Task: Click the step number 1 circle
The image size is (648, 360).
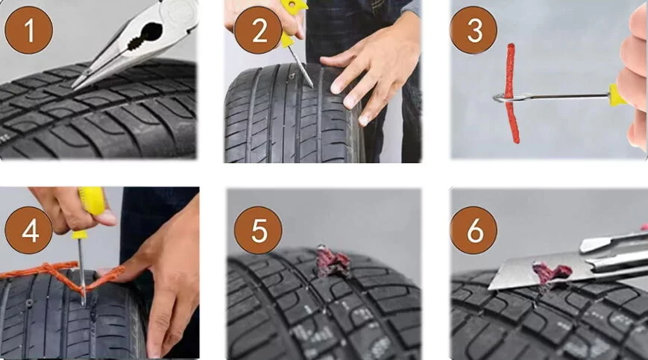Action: pos(28,30)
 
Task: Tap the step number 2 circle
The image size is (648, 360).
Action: pos(259,30)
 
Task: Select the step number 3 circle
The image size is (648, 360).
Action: pos(474,30)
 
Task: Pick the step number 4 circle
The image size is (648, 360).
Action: pos(28,230)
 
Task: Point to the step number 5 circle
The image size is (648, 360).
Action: pos(258,230)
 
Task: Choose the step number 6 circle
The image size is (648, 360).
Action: pos(474,230)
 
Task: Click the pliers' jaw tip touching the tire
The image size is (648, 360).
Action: pos(74,87)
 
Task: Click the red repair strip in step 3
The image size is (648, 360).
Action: pos(512,93)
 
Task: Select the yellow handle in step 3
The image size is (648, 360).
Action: pos(617,95)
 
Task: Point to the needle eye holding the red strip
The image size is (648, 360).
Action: pos(501,98)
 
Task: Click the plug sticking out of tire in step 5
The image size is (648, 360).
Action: pos(332,262)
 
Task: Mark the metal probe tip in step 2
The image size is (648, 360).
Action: pos(311,86)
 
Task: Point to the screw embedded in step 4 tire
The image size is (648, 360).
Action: pos(29,304)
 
